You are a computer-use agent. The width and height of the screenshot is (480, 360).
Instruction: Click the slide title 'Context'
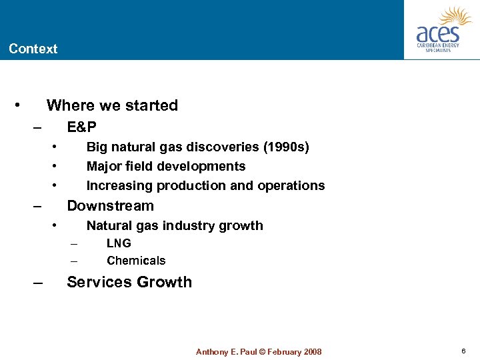pyautogui.click(x=33, y=49)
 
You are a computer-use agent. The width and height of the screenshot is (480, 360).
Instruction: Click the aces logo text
pyautogui.click(x=437, y=33)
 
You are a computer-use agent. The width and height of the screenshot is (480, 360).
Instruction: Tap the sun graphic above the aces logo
pyautogui.click(x=456, y=16)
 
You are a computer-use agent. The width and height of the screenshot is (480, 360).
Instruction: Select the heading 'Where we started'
pyautogui.click(x=112, y=105)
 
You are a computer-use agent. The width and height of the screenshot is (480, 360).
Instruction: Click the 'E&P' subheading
pyautogui.click(x=81, y=127)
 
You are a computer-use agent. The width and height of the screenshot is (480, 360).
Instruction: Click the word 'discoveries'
pyautogui.click(x=227, y=147)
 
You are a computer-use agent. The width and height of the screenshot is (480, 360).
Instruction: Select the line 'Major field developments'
pyautogui.click(x=166, y=166)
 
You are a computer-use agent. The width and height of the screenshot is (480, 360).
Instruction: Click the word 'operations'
pyautogui.click(x=293, y=185)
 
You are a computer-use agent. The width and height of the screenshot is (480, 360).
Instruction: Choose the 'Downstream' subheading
pyautogui.click(x=110, y=205)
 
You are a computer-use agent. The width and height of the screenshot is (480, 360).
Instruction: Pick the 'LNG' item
pyautogui.click(x=119, y=243)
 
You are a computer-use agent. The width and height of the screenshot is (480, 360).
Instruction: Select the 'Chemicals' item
pyautogui.click(x=136, y=261)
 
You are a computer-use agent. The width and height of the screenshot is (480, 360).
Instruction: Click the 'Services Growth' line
pyautogui.click(x=129, y=282)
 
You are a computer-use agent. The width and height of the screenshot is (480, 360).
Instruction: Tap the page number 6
pyautogui.click(x=463, y=351)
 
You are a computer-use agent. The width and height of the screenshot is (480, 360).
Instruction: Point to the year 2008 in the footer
pyautogui.click(x=311, y=352)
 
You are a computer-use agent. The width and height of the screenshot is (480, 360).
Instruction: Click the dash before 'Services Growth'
pyautogui.click(x=38, y=283)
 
